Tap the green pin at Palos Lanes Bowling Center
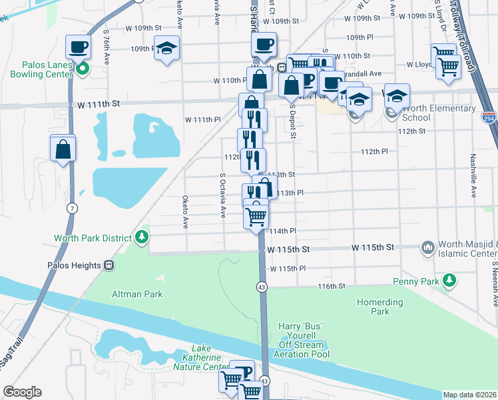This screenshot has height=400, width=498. tap(82, 68)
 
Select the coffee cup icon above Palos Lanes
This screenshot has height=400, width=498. tap(79, 47)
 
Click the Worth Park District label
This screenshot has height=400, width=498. tap(93, 237)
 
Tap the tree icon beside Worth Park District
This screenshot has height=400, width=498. tap(141, 237)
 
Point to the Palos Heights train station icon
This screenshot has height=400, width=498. tap(108, 265)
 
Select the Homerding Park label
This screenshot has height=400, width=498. tap(380, 307)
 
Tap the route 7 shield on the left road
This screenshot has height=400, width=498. tap(71, 209)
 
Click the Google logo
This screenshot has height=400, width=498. tap(22, 392)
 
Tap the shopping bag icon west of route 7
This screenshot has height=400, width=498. tap(63, 149)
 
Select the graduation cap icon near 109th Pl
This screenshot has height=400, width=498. tap(166, 48)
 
